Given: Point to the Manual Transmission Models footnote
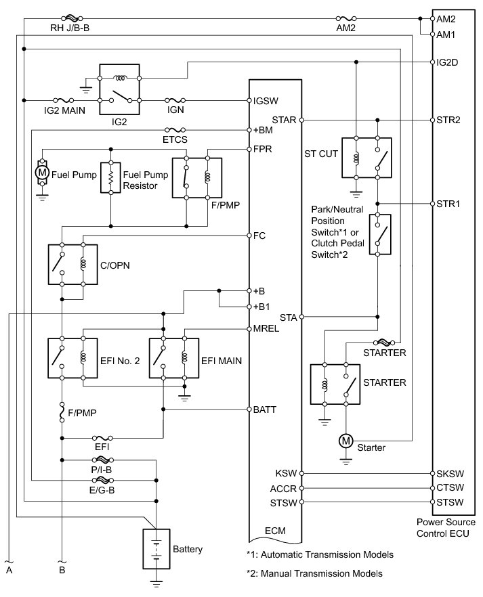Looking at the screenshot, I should (320, 573).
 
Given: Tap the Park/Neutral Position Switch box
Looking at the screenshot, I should (379, 234).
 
